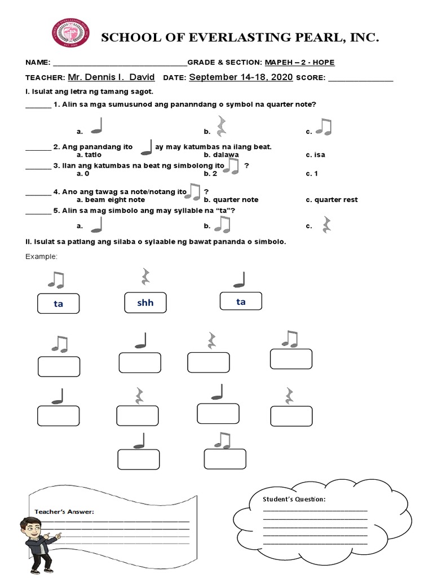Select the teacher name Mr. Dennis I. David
pyautogui.click(x=111, y=77)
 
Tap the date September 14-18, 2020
pyautogui.click(x=241, y=77)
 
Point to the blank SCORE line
pyautogui.click(x=360, y=78)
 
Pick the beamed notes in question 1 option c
pyautogui.click(x=324, y=127)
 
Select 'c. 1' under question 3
pyautogui.click(x=312, y=173)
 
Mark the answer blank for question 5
pyautogui.click(x=38, y=211)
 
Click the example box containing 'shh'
pyautogui.click(x=145, y=303)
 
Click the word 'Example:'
pyautogui.click(x=42, y=257)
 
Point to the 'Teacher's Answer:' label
pyautogui.click(x=64, y=511)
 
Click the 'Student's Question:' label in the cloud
pyautogui.click(x=294, y=500)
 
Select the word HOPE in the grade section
pyautogui.click(x=330, y=63)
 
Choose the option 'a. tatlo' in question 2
pyautogui.click(x=89, y=155)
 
